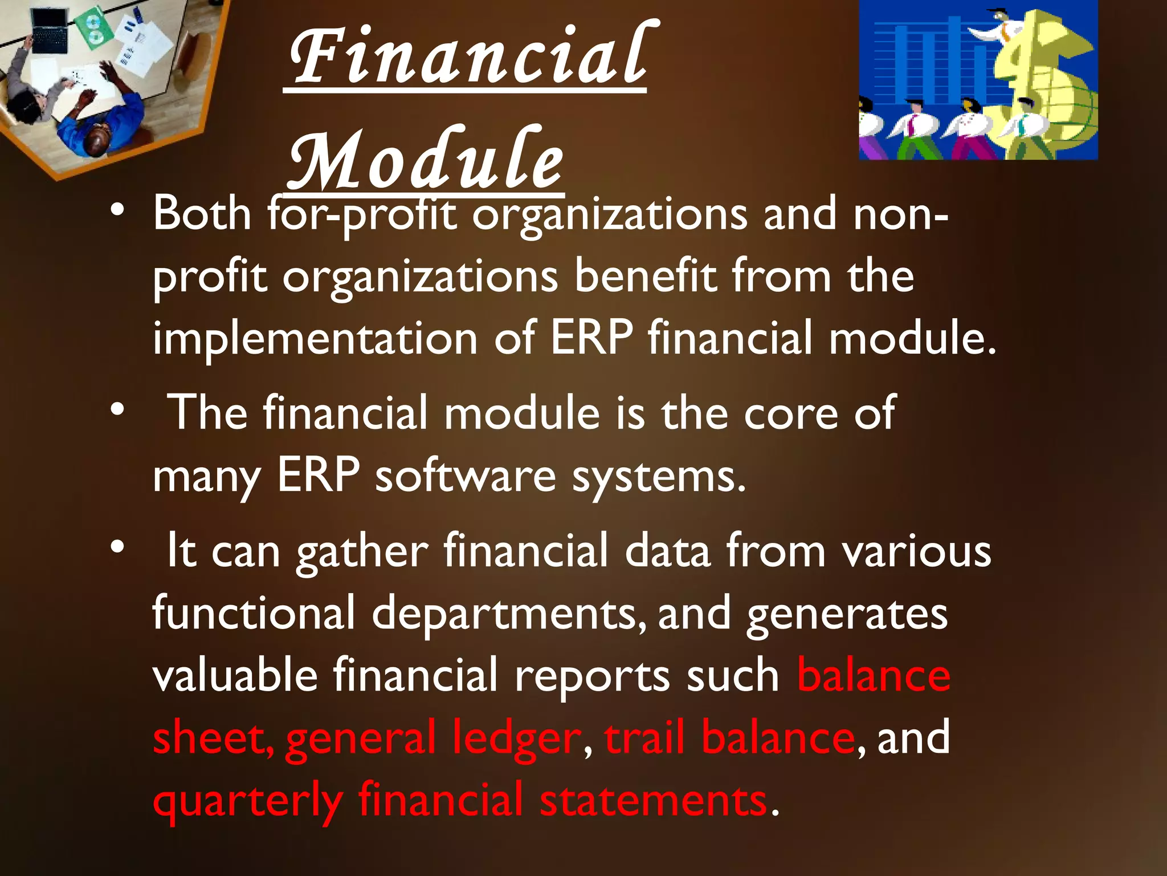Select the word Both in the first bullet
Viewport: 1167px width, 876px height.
pos(202,213)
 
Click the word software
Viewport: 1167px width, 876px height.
pos(465,476)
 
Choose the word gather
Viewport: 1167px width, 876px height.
pos(362,552)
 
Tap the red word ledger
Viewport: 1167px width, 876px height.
pos(516,738)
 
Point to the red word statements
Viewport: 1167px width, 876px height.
pos(653,801)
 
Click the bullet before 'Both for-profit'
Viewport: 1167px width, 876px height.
pos(117,211)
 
